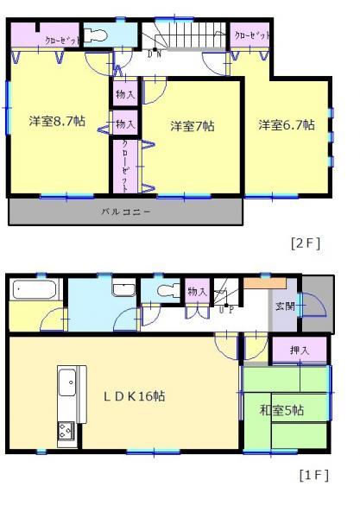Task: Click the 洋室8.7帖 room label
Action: pyautogui.click(x=56, y=122)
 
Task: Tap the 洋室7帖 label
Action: pyautogui.click(x=191, y=125)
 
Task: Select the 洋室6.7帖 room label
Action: pyautogui.click(x=286, y=124)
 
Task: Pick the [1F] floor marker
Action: pyautogui.click(x=314, y=476)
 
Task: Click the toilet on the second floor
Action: pyautogui.click(x=96, y=35)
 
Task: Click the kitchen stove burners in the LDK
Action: pyautogui.click(x=67, y=429)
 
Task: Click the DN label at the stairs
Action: pyautogui.click(x=155, y=54)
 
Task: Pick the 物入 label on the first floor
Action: pyautogui.click(x=198, y=292)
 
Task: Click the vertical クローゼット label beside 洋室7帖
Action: pyautogui.click(x=126, y=163)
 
